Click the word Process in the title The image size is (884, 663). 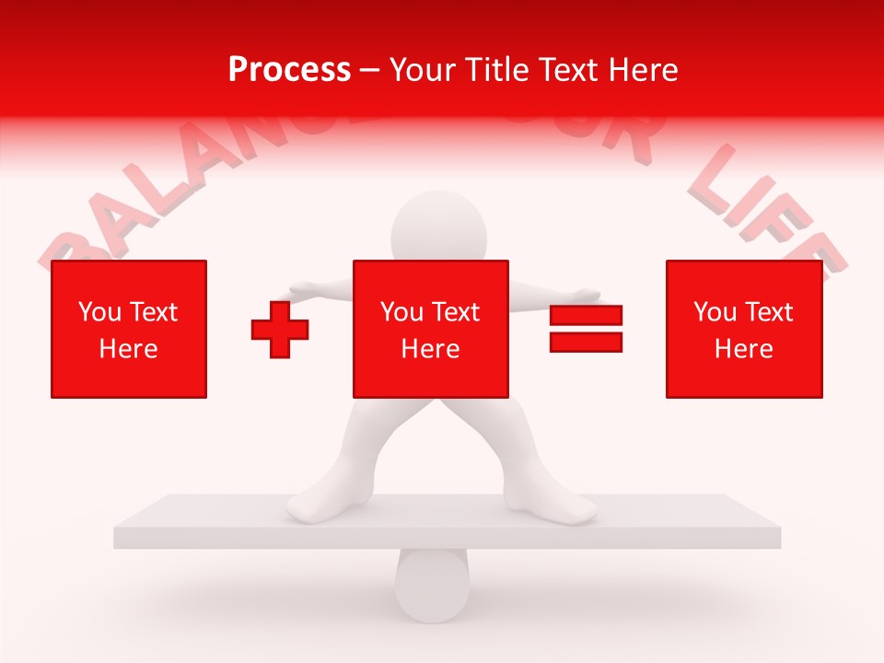pyautogui.click(x=289, y=70)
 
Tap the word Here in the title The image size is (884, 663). pyautogui.click(x=642, y=70)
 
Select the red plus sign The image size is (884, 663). pyautogui.click(x=280, y=329)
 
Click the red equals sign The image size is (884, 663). pyautogui.click(x=586, y=329)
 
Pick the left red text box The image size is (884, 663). pyautogui.click(x=129, y=329)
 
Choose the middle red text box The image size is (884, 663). pyautogui.click(x=430, y=329)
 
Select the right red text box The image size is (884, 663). pyautogui.click(x=744, y=329)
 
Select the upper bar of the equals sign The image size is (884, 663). pyautogui.click(x=586, y=316)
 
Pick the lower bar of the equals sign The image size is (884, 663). pyautogui.click(x=586, y=342)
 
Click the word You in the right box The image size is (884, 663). pyautogui.click(x=715, y=312)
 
